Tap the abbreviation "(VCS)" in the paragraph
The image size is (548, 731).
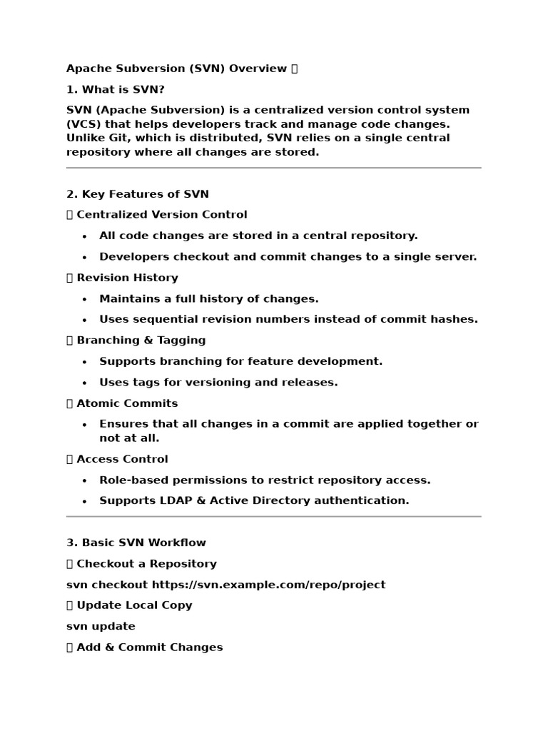[83, 124]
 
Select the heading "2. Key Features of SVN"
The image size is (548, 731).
[137, 193]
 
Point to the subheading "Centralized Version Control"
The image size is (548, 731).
[161, 214]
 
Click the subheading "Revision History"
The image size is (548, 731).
[127, 277]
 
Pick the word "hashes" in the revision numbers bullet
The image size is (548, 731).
[456, 319]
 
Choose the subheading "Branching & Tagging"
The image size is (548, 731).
[141, 340]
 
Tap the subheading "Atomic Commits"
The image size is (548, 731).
[127, 403]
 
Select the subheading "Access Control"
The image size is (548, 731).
[122, 458]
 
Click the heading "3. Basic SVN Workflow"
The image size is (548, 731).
[136, 543]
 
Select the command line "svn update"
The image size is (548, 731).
[101, 626]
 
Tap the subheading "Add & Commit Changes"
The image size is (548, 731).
[149, 647]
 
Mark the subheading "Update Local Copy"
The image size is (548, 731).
[134, 605]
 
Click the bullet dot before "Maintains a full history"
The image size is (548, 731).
[85, 299]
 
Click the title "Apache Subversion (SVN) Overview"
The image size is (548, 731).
[176, 69]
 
